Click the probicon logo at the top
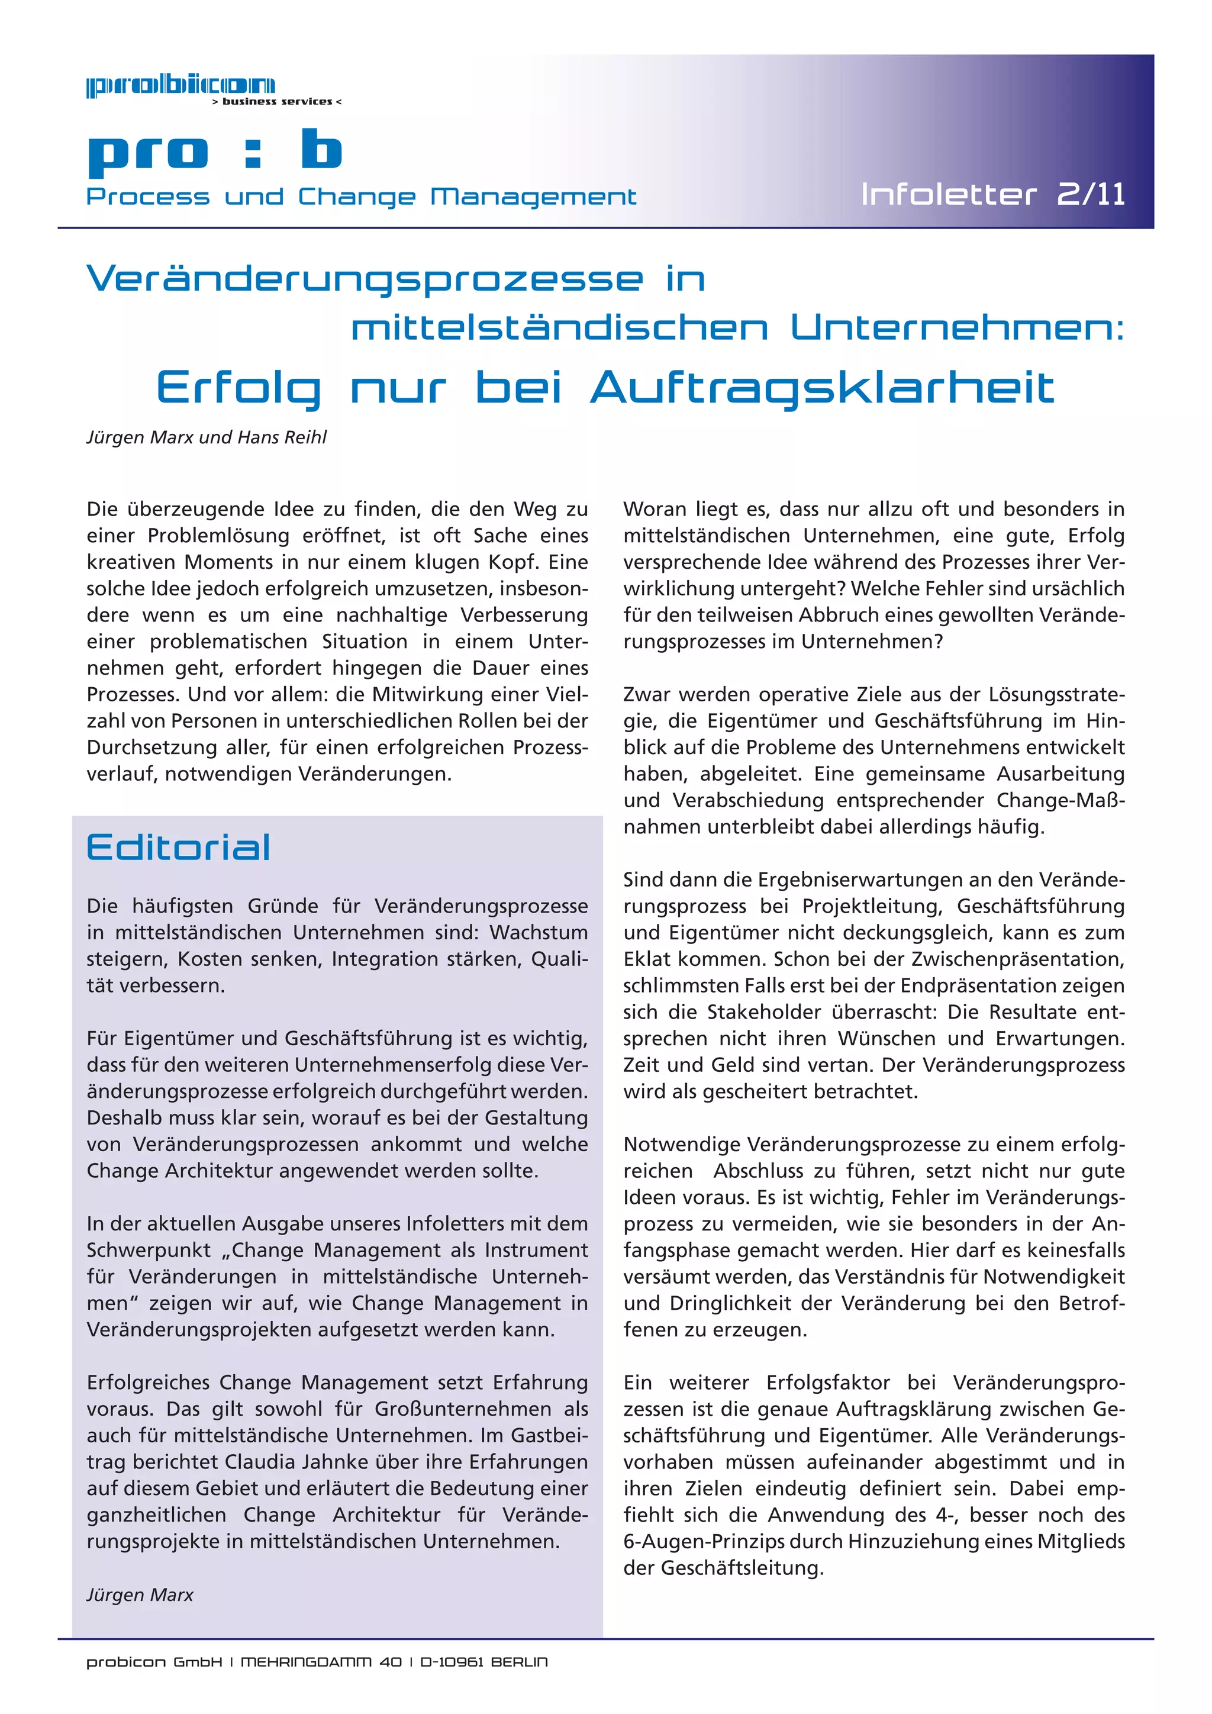(x=180, y=86)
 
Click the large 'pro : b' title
(x=215, y=152)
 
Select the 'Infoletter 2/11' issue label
(x=992, y=195)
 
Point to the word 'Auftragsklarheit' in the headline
(x=823, y=388)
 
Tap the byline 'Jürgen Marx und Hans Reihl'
(x=207, y=437)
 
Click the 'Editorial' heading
(x=178, y=848)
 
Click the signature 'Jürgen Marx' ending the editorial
(x=140, y=1594)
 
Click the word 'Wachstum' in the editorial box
(x=539, y=932)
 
